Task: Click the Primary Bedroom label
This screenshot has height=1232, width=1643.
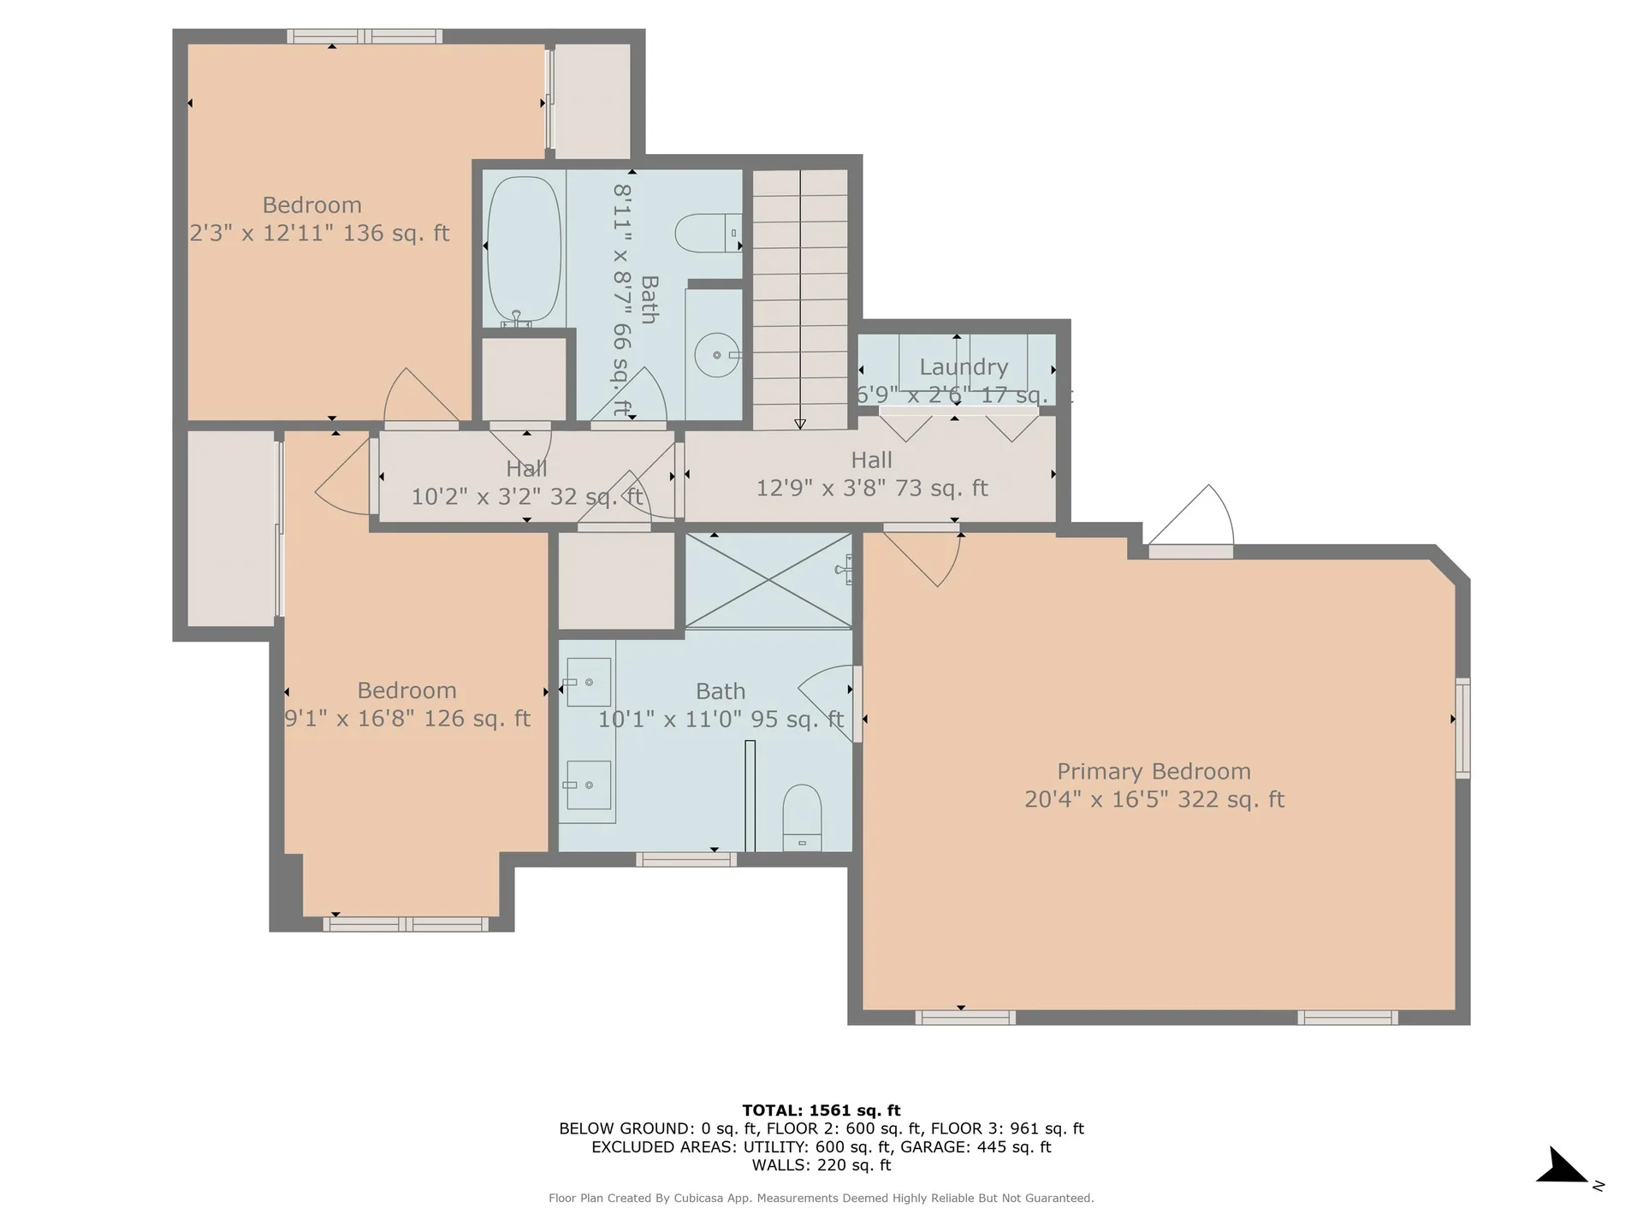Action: tap(1154, 772)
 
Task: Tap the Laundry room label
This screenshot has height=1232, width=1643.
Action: tap(964, 367)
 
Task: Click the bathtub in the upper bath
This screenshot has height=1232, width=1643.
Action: tap(524, 250)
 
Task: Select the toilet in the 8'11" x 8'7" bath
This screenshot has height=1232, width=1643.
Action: tap(707, 233)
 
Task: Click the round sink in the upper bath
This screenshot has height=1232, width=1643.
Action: tap(716, 355)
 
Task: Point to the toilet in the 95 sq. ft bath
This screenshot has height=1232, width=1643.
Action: tap(802, 816)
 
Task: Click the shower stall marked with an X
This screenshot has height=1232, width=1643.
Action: tap(768, 580)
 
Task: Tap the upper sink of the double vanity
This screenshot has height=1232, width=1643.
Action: tap(589, 682)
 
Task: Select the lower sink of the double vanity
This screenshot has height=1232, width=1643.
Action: tap(589, 785)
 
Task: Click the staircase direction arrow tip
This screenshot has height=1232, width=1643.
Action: tap(800, 424)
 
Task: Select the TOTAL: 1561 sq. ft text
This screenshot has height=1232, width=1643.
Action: tap(821, 1111)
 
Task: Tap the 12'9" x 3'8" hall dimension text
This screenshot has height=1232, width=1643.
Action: tap(871, 489)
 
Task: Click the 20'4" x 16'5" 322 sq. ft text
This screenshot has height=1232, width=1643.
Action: tap(1154, 800)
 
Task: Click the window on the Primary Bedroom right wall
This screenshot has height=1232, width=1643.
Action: tap(1463, 728)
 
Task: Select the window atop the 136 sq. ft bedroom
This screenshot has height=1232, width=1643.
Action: tap(365, 36)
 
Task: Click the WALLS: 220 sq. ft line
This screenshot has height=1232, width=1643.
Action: tap(821, 1165)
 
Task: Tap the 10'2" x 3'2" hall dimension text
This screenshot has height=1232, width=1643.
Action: tap(525, 497)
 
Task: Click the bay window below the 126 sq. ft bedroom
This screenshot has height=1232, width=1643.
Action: tap(406, 924)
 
